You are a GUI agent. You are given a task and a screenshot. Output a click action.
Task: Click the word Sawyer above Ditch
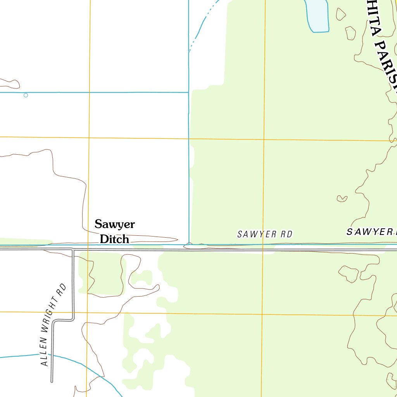(x=115, y=224)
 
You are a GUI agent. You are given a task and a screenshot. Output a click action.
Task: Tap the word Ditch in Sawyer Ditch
(x=114, y=239)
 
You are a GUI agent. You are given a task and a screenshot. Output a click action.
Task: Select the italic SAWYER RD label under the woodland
(x=265, y=234)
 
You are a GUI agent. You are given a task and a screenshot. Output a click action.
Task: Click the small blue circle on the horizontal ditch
(x=26, y=95)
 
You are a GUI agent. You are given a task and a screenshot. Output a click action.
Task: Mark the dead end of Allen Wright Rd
(x=52, y=381)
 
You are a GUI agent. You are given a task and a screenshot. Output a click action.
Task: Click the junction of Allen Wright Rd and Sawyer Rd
(x=72, y=249)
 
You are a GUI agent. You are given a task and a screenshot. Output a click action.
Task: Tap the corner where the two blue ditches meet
(x=189, y=92)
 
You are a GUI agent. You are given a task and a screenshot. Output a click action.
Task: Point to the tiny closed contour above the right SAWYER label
(x=342, y=198)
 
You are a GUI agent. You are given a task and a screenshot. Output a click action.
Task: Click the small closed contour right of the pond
(x=340, y=14)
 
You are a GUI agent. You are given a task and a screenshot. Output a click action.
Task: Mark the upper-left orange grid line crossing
(x=89, y=138)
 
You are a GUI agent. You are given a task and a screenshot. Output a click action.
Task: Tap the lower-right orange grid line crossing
(x=262, y=314)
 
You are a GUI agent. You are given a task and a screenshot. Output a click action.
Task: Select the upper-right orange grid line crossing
(x=264, y=139)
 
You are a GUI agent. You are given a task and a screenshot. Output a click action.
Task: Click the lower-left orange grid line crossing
(x=87, y=312)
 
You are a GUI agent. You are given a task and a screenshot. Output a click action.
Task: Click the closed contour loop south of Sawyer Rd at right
(x=349, y=273)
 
